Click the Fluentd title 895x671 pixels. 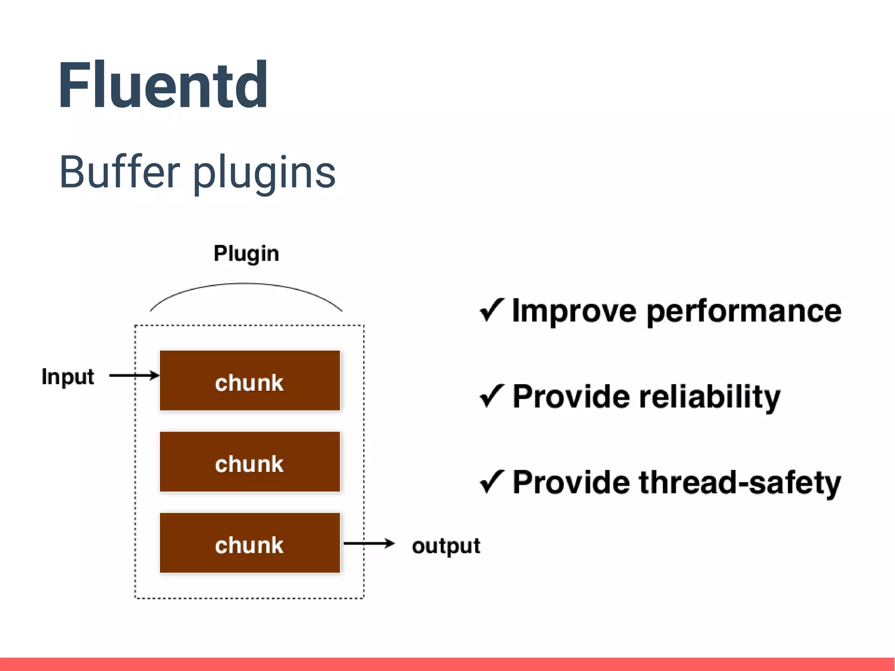(x=163, y=85)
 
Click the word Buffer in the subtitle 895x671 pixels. (x=119, y=172)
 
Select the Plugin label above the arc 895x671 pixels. (x=246, y=254)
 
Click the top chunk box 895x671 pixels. (x=250, y=381)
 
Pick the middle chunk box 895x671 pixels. (x=250, y=462)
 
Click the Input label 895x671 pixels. (x=68, y=377)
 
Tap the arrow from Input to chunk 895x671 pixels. (x=134, y=375)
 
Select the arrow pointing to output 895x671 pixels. (x=369, y=544)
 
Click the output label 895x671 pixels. (x=446, y=546)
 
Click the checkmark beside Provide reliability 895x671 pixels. (x=492, y=396)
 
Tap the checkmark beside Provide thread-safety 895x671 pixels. (x=492, y=481)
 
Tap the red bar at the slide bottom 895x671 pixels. (x=447, y=664)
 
